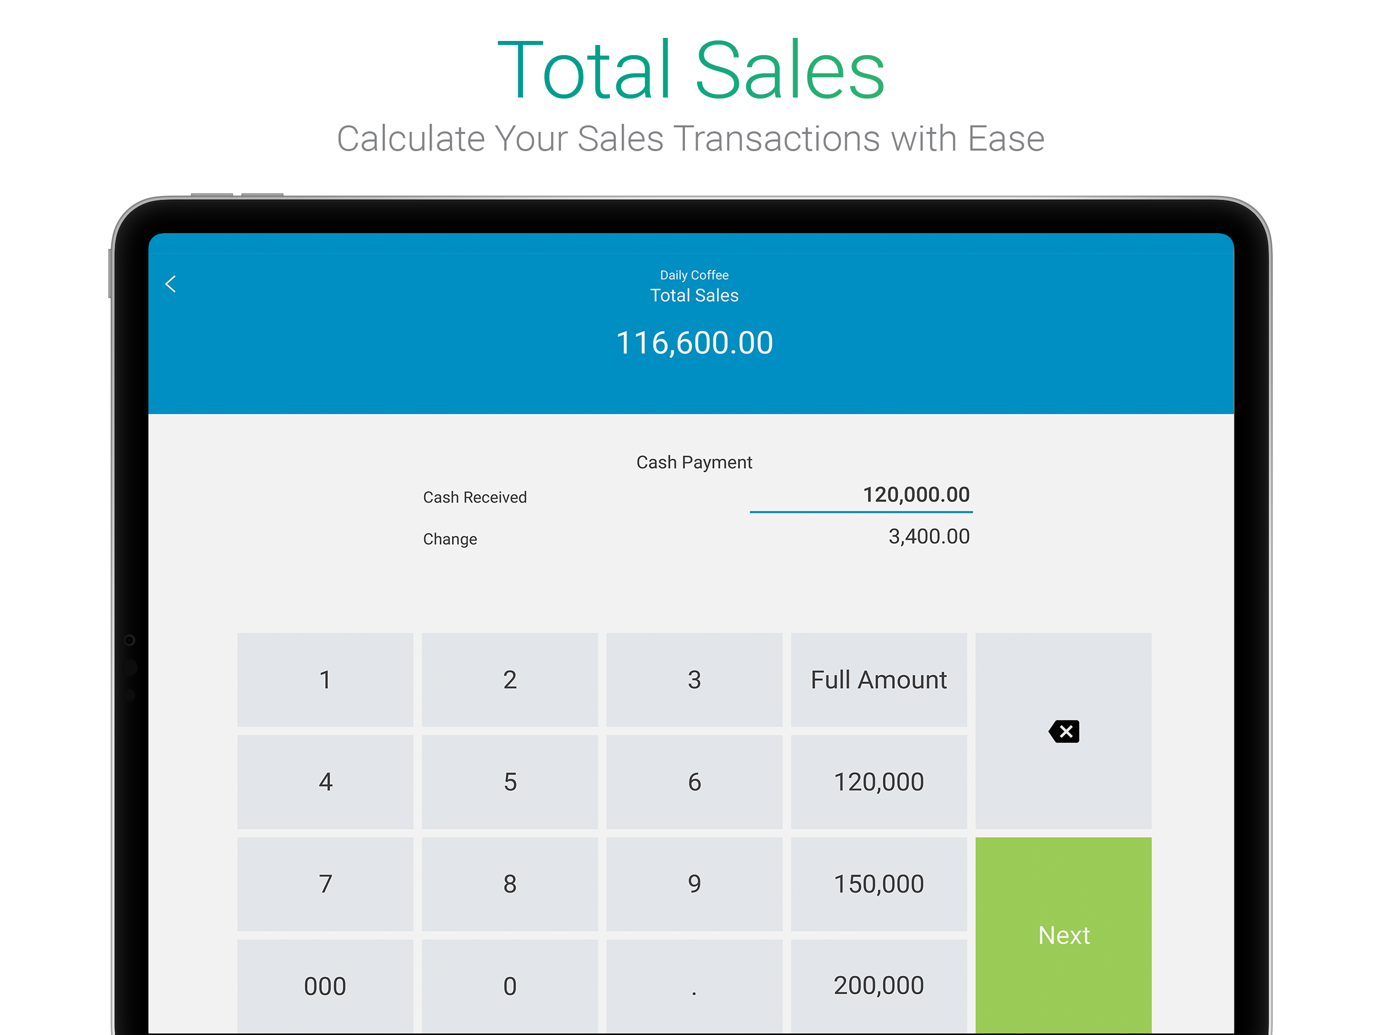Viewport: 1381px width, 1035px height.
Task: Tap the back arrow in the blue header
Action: pos(170,284)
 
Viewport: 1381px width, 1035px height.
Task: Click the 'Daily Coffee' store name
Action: pos(694,275)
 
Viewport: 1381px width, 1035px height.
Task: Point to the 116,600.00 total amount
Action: pos(694,343)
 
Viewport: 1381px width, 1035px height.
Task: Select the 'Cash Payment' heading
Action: pos(694,462)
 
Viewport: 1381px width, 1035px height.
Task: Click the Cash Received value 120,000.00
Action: pos(916,495)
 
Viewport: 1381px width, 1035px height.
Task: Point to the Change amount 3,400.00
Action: pos(929,537)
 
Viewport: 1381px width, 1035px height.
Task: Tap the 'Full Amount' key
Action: pos(879,680)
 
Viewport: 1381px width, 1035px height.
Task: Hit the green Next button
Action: pos(1063,934)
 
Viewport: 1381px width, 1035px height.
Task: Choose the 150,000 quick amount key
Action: pos(879,884)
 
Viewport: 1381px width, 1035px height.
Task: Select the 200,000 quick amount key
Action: pos(879,985)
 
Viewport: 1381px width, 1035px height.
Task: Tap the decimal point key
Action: pos(694,985)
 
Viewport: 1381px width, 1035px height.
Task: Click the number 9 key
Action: pos(694,884)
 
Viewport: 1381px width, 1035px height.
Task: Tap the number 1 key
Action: pos(325,680)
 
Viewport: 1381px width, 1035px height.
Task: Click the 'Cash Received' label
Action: pos(475,497)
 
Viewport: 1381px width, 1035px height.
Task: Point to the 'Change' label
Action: pos(449,539)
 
